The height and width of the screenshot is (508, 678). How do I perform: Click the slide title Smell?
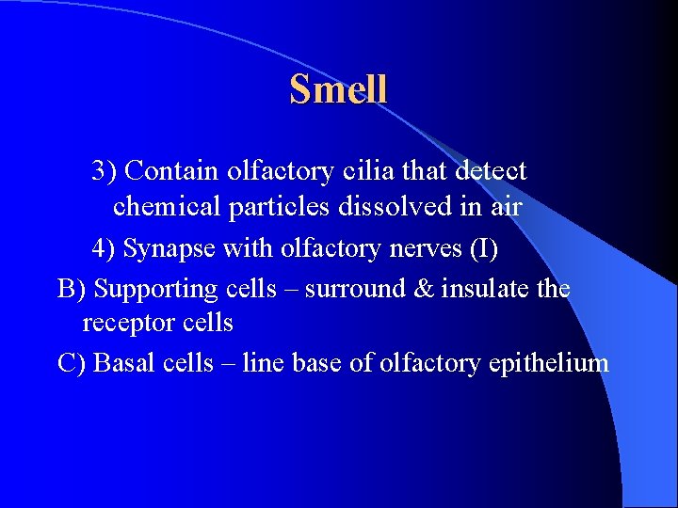click(x=338, y=89)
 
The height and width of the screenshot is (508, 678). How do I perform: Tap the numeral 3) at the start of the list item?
click(x=104, y=171)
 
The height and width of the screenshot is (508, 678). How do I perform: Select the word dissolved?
click(x=379, y=206)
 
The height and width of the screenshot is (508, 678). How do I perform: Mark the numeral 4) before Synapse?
click(x=104, y=249)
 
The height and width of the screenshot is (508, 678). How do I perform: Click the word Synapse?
click(x=167, y=250)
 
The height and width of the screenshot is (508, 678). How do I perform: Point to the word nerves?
click(x=411, y=249)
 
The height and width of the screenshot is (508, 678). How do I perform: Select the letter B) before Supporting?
click(x=72, y=289)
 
